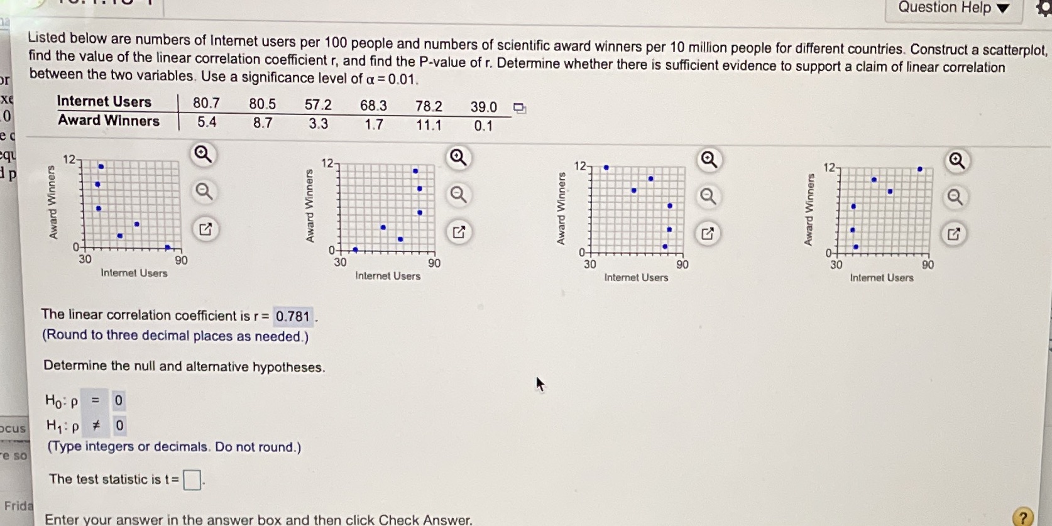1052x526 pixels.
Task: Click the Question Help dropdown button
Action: tap(953, 8)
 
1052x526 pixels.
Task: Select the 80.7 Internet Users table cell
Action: tap(206, 103)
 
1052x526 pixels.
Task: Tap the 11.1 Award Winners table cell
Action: tap(429, 125)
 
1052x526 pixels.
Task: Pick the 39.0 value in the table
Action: tap(483, 107)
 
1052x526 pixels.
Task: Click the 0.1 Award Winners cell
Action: tap(483, 126)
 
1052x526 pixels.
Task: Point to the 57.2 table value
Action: tap(318, 105)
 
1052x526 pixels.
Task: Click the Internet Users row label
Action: tap(104, 102)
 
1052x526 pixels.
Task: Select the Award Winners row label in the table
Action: tap(109, 121)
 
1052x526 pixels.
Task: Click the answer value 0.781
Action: tap(293, 316)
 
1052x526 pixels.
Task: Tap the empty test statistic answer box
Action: tap(192, 480)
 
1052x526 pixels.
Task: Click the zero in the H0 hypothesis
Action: tap(118, 400)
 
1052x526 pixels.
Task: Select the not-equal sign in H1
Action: tap(96, 425)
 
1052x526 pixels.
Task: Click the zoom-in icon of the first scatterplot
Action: tap(202, 154)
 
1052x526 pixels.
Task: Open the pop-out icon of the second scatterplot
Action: tap(459, 232)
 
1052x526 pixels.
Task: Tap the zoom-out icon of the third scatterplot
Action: tap(708, 197)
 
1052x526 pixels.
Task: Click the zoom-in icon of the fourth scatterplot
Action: tap(956, 161)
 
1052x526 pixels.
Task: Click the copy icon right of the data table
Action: tap(519, 108)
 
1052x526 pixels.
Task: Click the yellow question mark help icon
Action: tap(1022, 517)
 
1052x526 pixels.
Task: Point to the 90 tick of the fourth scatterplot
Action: tap(928, 265)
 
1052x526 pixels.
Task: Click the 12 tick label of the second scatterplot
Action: tap(327, 163)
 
